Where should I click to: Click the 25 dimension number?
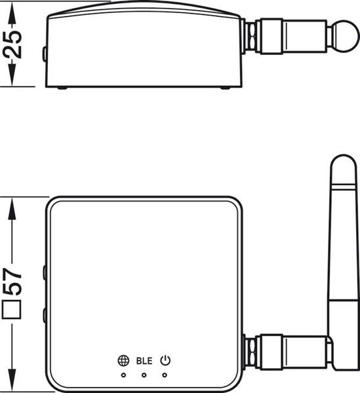[x=12, y=45]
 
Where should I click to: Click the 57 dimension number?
[x=12, y=281]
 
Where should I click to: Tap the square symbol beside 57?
[x=11, y=310]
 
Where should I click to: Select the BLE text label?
[x=144, y=361]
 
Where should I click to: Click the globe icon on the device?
[x=123, y=361]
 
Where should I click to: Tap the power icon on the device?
[x=165, y=360]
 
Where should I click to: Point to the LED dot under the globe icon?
[x=123, y=375]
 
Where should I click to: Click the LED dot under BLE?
[x=144, y=375]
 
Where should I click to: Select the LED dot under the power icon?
[x=165, y=375]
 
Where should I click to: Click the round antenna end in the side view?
[x=347, y=36]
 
